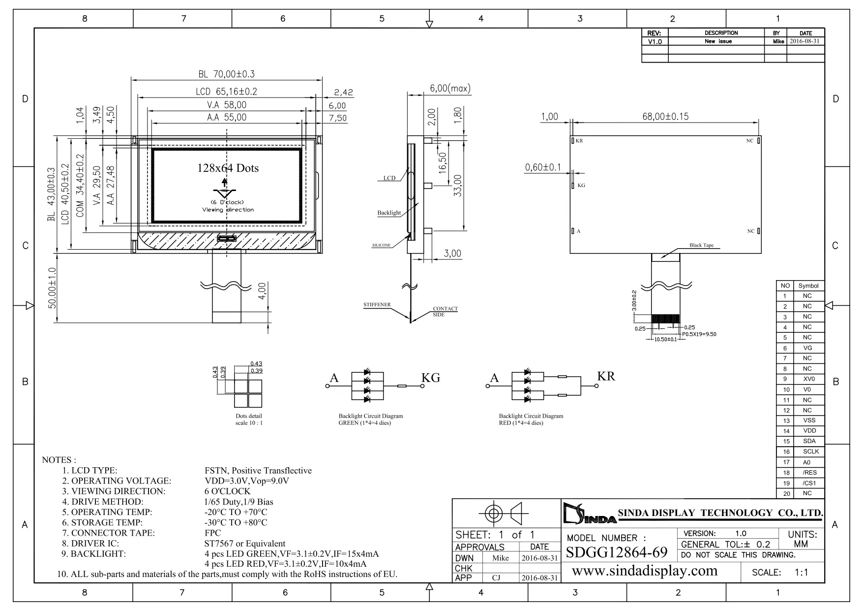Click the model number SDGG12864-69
(617, 552)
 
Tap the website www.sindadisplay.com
(645, 571)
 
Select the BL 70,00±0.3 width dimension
(227, 74)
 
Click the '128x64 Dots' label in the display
(228, 168)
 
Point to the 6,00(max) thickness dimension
(450, 89)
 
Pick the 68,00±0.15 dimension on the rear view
(665, 117)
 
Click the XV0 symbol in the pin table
(809, 379)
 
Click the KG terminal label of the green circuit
(431, 378)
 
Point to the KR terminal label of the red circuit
(606, 376)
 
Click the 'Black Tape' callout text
(701, 245)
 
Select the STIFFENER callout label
(377, 305)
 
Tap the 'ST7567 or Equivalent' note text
(245, 544)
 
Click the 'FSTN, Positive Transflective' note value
(258, 471)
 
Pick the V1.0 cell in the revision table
(655, 42)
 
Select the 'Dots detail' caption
(249, 416)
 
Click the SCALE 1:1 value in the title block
(802, 573)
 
